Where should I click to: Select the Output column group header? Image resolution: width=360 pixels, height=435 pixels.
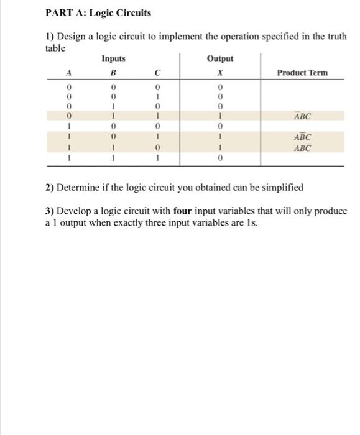coord(220,58)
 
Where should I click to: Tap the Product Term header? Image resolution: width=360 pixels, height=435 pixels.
coord(302,73)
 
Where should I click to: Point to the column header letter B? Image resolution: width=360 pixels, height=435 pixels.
coord(113,73)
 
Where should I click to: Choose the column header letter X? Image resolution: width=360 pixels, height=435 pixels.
coord(220,73)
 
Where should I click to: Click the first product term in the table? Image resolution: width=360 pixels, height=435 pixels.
coord(302,116)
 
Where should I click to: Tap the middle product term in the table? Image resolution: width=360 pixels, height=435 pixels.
coord(302,137)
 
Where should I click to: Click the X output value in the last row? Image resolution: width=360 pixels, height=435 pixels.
coord(220,158)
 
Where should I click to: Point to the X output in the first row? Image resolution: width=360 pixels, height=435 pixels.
coord(220,85)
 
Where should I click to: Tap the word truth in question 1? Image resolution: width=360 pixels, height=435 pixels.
coord(336,36)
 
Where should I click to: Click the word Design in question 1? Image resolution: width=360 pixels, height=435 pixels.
coord(70,36)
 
